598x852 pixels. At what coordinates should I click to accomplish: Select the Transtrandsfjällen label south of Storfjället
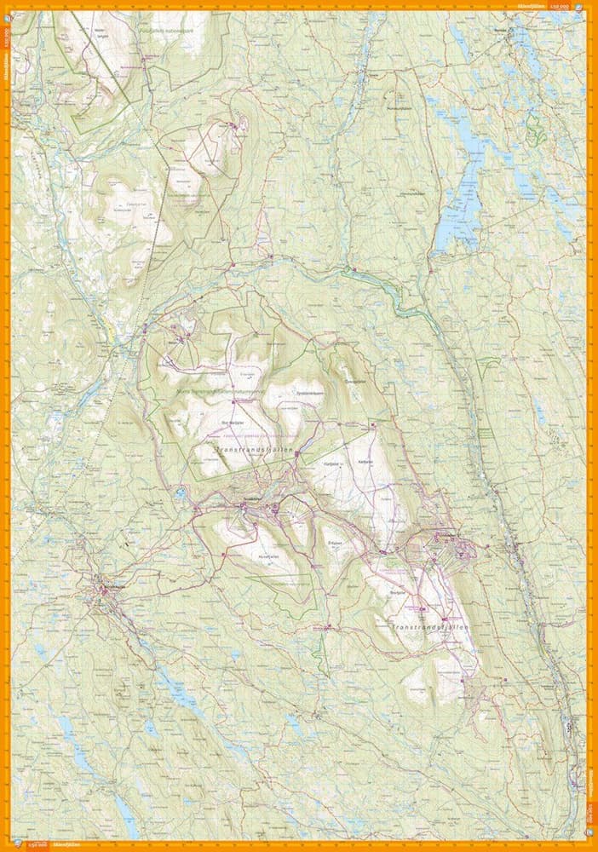(x=431, y=627)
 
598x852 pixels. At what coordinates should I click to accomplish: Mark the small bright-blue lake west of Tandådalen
(x=180, y=492)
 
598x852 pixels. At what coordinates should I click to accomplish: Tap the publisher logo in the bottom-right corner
(x=591, y=845)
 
